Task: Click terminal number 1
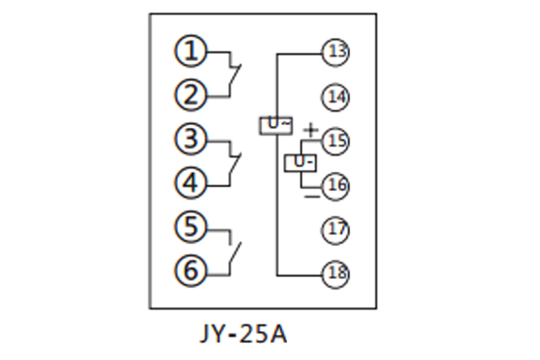coord(190,51)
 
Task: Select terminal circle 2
coord(190,94)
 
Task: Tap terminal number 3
coord(190,140)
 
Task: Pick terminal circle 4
coord(190,184)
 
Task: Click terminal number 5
coord(190,227)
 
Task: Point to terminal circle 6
coord(190,269)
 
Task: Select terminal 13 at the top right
coord(337,52)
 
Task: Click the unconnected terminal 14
coord(337,96)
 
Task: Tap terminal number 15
coord(337,141)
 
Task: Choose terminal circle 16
coord(337,184)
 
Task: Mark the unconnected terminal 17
coord(337,229)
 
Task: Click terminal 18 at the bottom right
coord(337,273)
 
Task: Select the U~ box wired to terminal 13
coord(276,125)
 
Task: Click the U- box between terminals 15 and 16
coord(301,163)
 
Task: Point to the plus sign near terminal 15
coord(310,131)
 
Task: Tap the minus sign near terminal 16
coord(310,192)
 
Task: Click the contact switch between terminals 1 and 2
coord(236,73)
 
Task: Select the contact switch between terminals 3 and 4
coord(236,162)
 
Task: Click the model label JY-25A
coord(241,335)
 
